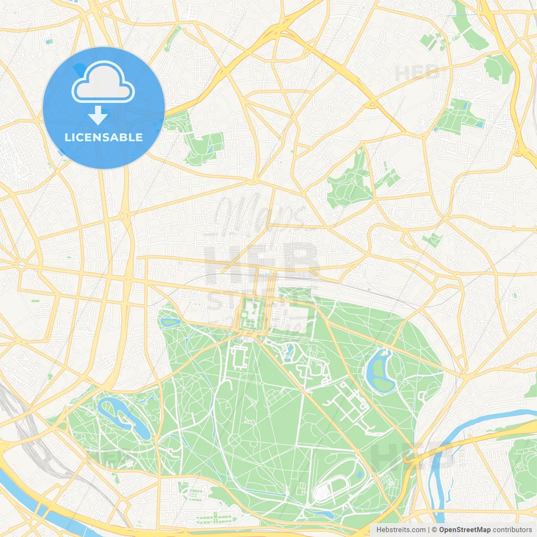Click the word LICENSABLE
(104, 137)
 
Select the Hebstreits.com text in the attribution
(401, 530)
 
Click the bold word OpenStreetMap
(464, 530)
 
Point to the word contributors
(512, 530)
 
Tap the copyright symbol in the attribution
(434, 530)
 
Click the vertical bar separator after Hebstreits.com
(428, 530)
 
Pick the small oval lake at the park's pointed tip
(170, 322)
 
